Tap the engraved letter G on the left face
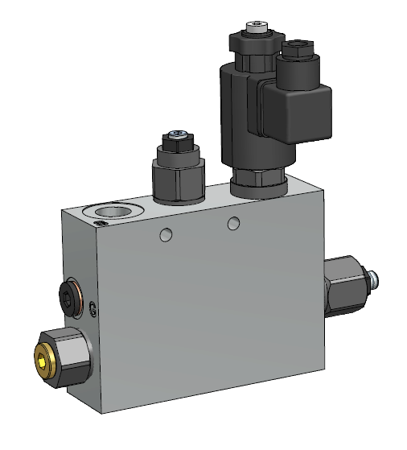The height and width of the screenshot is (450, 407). [93, 308]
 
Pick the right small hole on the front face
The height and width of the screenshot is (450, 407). [233, 223]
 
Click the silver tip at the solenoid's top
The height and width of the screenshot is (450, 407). [257, 26]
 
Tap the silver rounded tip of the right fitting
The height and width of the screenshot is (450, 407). [374, 279]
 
